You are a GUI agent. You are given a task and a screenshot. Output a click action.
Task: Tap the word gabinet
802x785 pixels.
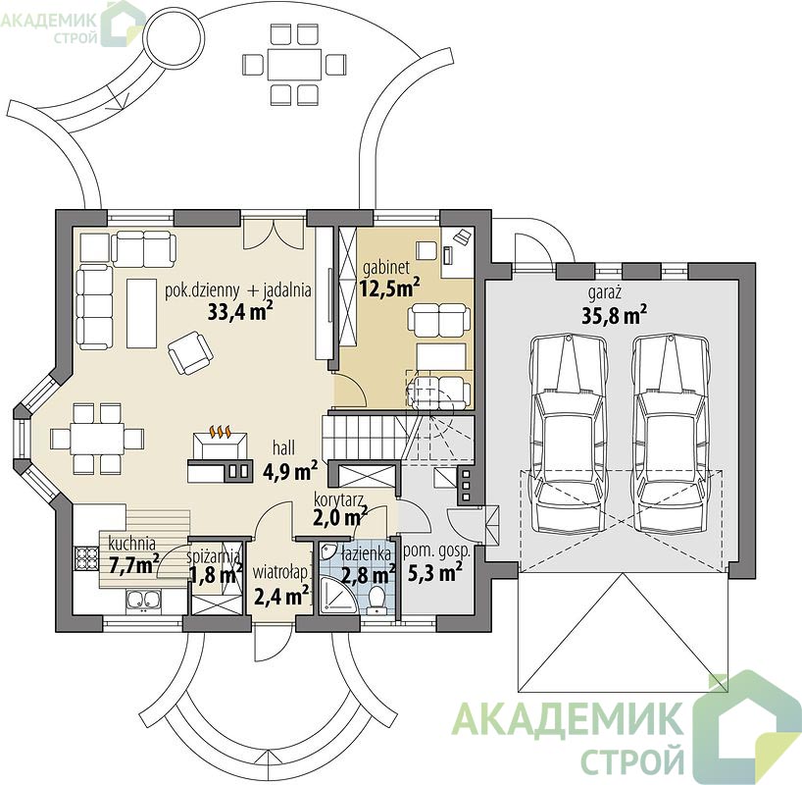point(386,267)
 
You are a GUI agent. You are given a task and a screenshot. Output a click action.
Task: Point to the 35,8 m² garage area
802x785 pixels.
point(614,315)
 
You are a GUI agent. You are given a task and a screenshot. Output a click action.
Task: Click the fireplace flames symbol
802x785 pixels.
point(221,431)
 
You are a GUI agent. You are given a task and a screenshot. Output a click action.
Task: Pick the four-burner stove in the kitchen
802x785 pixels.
point(86,558)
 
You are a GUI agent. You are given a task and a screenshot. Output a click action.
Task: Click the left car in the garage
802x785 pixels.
point(568,434)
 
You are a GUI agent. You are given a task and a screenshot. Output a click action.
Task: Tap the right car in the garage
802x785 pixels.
point(670,434)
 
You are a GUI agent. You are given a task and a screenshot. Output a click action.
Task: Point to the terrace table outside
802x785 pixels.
point(294,65)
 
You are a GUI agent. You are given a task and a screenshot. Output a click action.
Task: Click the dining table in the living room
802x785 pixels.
point(97,439)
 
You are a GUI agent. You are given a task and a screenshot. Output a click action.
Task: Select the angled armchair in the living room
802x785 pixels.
point(190,352)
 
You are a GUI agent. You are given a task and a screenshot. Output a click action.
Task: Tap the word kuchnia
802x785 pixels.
point(132,544)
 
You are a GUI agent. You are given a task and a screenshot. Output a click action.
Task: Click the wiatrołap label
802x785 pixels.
point(280,572)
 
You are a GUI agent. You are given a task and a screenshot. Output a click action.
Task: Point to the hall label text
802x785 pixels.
point(283,448)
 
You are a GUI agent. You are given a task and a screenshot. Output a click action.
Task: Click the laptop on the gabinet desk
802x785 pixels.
point(463,236)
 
